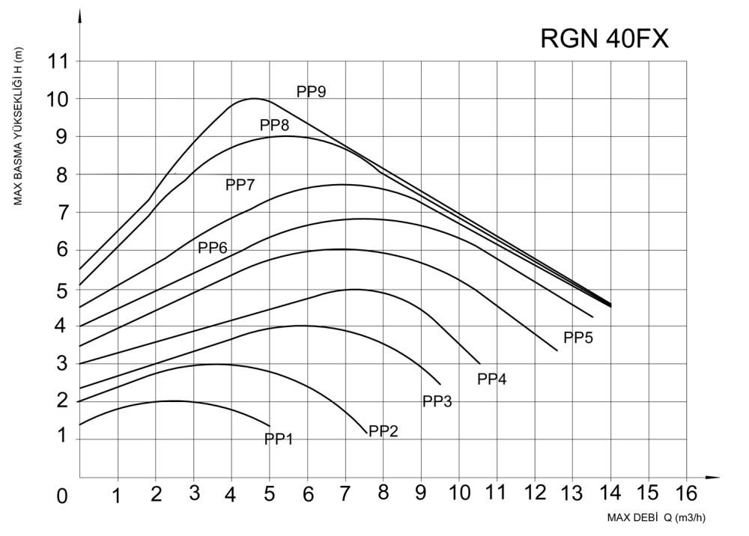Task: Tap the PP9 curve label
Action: point(311,92)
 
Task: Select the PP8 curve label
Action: point(274,126)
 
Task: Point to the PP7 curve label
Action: point(240,185)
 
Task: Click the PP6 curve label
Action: point(212,248)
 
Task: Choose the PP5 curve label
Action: point(578,338)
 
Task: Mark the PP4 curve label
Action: point(492,379)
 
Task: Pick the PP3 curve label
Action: point(437,401)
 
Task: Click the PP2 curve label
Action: point(382,431)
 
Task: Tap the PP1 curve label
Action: point(278,439)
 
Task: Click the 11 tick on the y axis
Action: point(58,61)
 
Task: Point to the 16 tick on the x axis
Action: point(685,494)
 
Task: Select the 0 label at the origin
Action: point(61,496)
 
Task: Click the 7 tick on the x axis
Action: point(345,494)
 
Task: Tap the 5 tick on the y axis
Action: point(60,289)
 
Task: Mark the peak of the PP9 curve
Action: point(254,98)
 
